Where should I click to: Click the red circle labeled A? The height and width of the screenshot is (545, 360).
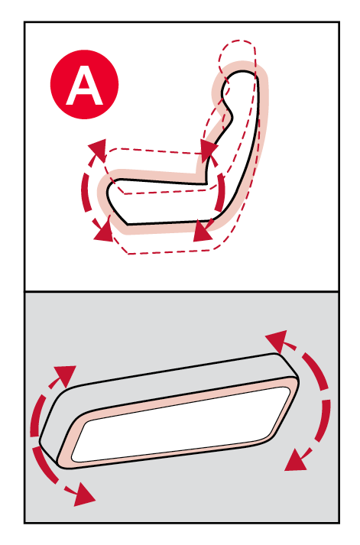point(84,84)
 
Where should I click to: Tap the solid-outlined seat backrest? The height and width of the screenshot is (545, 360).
point(240,139)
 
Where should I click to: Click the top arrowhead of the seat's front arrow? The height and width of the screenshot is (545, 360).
point(98,149)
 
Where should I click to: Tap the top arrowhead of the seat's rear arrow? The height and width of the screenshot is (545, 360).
point(209,150)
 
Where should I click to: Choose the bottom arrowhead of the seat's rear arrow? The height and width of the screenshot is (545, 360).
point(203,231)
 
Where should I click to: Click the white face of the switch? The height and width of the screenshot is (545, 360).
point(180,425)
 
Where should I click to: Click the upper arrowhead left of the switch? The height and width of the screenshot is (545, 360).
point(66,375)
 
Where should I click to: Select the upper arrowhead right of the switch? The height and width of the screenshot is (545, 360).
point(277,341)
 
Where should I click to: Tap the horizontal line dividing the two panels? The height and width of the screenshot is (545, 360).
point(182,291)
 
